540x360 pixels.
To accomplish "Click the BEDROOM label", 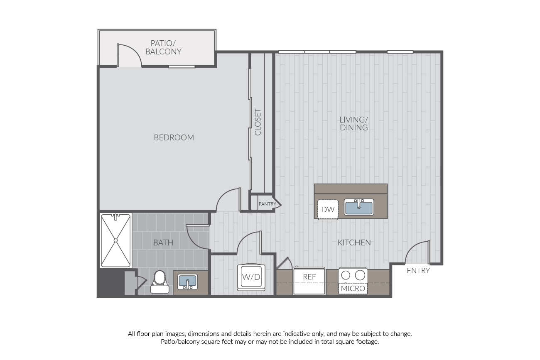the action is pyautogui.click(x=174, y=137).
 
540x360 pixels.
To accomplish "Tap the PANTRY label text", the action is pyautogui.click(x=267, y=204).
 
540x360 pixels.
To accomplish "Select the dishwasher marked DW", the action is pyautogui.click(x=328, y=209).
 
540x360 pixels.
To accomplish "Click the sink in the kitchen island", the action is pyautogui.click(x=359, y=207).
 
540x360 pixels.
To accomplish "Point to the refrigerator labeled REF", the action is pyautogui.click(x=309, y=281).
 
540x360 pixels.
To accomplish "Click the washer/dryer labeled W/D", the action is pyautogui.click(x=251, y=277).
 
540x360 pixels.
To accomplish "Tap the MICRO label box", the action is pyautogui.click(x=353, y=289).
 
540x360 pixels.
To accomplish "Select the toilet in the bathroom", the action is pyautogui.click(x=160, y=282).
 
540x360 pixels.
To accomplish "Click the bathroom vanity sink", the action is pyautogui.click(x=188, y=282).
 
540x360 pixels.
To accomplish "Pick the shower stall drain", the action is pyautogui.click(x=115, y=240).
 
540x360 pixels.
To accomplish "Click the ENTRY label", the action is pyautogui.click(x=418, y=271).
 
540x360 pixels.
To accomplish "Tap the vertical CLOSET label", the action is pyautogui.click(x=258, y=122).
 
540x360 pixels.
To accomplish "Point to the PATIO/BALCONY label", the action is pyautogui.click(x=163, y=47).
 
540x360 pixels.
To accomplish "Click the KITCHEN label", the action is pyautogui.click(x=354, y=242).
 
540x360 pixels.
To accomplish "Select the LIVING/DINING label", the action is pyautogui.click(x=353, y=124).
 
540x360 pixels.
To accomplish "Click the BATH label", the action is pyautogui.click(x=163, y=242).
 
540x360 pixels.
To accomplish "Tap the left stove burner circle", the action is pyautogui.click(x=346, y=275).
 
